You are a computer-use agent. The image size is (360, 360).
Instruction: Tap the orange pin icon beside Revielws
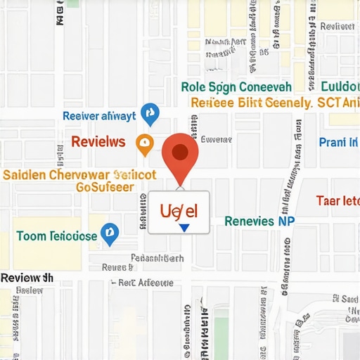144,144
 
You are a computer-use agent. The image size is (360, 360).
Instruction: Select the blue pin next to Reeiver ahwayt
150,112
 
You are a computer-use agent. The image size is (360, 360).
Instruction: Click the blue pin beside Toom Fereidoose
109,234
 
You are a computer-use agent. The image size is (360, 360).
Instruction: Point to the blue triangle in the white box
184,228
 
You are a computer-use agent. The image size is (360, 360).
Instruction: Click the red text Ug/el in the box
179,210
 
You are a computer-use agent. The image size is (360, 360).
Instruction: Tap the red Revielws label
98,142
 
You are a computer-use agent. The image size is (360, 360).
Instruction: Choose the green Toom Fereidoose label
56,236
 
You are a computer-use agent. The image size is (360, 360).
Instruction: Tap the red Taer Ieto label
337,200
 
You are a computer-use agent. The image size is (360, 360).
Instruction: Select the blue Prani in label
337,143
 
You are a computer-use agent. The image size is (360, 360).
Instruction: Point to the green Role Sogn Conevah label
236,87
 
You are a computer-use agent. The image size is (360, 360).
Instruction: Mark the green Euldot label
340,87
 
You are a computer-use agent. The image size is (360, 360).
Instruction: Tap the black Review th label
27,278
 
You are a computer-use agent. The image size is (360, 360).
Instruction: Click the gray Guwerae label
216,139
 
